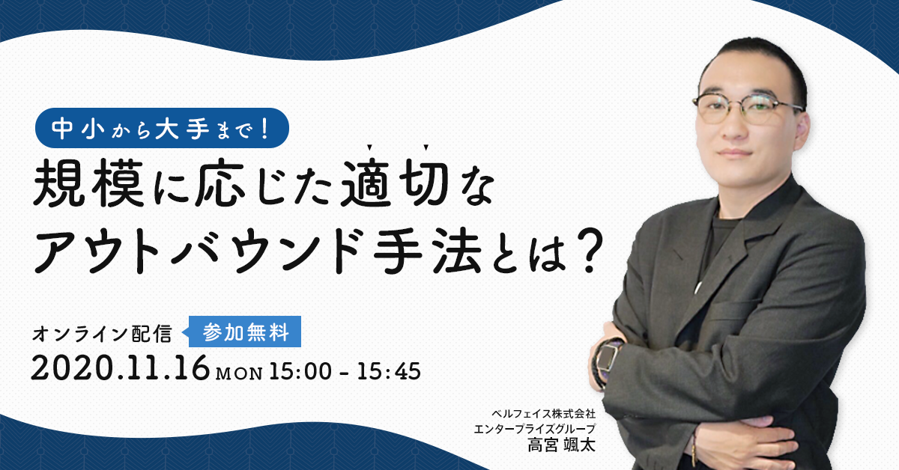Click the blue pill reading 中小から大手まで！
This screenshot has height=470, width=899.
point(162,128)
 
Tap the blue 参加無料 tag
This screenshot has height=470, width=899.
point(245,332)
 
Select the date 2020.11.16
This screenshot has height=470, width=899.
point(121,368)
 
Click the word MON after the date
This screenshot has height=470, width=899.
point(239,373)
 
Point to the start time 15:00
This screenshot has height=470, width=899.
point(300,371)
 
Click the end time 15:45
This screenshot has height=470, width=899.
point(389,371)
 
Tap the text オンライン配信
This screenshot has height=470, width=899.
point(102,334)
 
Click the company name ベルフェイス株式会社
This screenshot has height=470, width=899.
point(543,413)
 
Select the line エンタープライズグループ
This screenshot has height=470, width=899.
point(535,429)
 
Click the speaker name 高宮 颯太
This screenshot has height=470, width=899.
point(561,445)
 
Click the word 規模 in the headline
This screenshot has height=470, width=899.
point(88,183)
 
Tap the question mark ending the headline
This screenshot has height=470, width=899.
point(589,251)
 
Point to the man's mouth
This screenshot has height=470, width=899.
point(735,153)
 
